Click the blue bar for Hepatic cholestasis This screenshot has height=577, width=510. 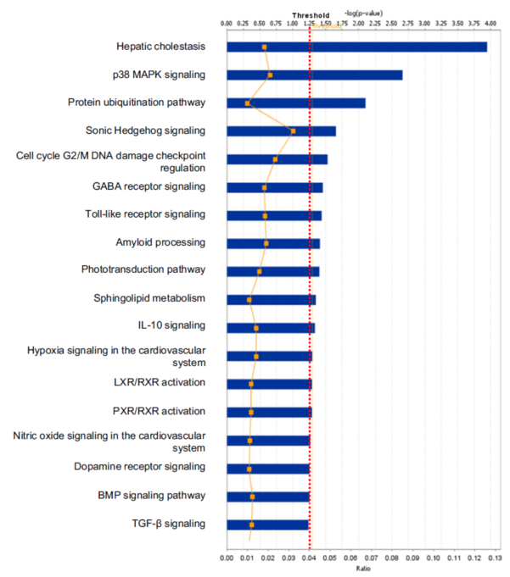(356, 47)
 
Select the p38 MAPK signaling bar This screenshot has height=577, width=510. (314, 75)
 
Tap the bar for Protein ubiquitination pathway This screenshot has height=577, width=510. (295, 103)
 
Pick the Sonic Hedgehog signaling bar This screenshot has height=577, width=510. (281, 130)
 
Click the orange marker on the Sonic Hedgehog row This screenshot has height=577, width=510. (293, 131)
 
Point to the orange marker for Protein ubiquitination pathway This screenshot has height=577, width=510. (247, 103)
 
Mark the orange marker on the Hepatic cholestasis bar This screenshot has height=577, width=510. (265, 47)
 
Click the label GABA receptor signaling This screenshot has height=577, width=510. (149, 186)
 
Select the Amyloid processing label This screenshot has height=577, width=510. (160, 242)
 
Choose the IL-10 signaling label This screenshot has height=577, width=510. (171, 326)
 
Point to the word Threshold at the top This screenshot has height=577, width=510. (311, 15)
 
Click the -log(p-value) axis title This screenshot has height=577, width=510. (364, 14)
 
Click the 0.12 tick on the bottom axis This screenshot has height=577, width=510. (474, 558)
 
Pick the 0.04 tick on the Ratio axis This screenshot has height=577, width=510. (309, 558)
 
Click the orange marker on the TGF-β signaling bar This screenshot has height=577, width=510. (252, 524)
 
